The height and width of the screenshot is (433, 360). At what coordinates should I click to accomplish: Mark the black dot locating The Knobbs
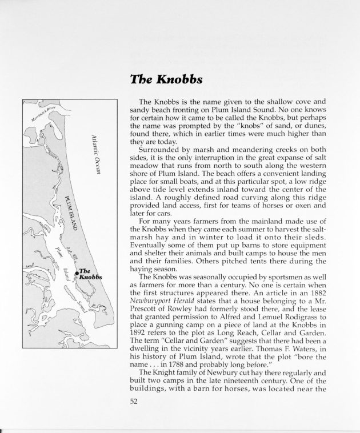tap(77, 274)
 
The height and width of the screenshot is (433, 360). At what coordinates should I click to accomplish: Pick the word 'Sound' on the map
tap(81, 306)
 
